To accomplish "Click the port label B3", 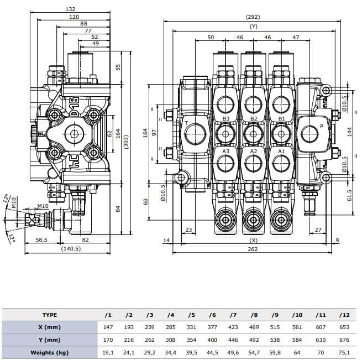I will [225, 119].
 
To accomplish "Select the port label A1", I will [281, 151].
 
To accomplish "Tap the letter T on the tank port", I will [186, 122].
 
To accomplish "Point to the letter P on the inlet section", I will [321, 126].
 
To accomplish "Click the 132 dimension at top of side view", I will [71, 9].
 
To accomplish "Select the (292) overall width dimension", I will [253, 17].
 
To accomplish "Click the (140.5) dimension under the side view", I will [71, 249].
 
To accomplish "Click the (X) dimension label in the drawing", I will [254, 241].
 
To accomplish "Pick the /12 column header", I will [344, 315].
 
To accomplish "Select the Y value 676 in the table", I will [344, 340].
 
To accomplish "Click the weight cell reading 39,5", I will [191, 352].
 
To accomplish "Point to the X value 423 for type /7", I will [233, 327].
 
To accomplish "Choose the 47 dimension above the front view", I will [295, 38].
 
